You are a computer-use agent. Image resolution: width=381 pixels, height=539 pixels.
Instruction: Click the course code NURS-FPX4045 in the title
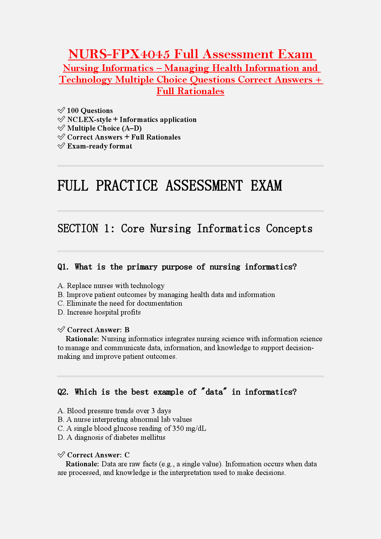[x=119, y=54]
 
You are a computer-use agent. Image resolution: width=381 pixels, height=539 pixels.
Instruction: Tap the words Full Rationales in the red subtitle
[x=190, y=91]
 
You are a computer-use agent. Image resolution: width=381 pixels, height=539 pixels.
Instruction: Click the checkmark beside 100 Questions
[x=61, y=110]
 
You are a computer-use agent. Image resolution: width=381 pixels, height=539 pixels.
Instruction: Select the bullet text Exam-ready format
[x=99, y=146]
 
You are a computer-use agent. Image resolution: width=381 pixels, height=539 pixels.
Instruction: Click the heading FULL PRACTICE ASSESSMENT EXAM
[x=170, y=186]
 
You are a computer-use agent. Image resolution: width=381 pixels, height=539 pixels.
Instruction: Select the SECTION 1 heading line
[x=185, y=229]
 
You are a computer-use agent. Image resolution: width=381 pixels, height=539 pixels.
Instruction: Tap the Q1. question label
[x=63, y=267]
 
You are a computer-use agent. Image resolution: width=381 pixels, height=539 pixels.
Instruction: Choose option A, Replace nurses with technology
[x=111, y=286]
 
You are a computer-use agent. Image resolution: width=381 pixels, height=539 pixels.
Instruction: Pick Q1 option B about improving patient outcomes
[x=166, y=294]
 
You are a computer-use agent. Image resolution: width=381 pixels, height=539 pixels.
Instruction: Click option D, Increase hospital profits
[x=99, y=312]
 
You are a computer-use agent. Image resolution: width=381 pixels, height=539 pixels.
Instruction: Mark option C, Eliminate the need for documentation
[x=120, y=303]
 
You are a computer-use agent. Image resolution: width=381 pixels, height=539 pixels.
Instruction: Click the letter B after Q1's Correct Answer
[x=127, y=330]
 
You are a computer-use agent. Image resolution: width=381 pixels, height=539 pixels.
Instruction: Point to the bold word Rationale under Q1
[x=82, y=339]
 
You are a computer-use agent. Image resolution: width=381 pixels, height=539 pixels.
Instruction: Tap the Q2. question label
[x=63, y=392]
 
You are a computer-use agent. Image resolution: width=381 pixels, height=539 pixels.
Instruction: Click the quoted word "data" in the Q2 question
[x=214, y=392]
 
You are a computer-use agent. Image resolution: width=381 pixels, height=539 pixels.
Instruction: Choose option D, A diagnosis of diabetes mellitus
[x=111, y=438]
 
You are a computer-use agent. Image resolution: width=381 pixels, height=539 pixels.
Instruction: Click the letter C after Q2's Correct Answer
[x=127, y=455]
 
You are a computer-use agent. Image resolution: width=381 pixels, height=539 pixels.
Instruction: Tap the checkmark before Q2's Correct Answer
[x=61, y=455]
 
